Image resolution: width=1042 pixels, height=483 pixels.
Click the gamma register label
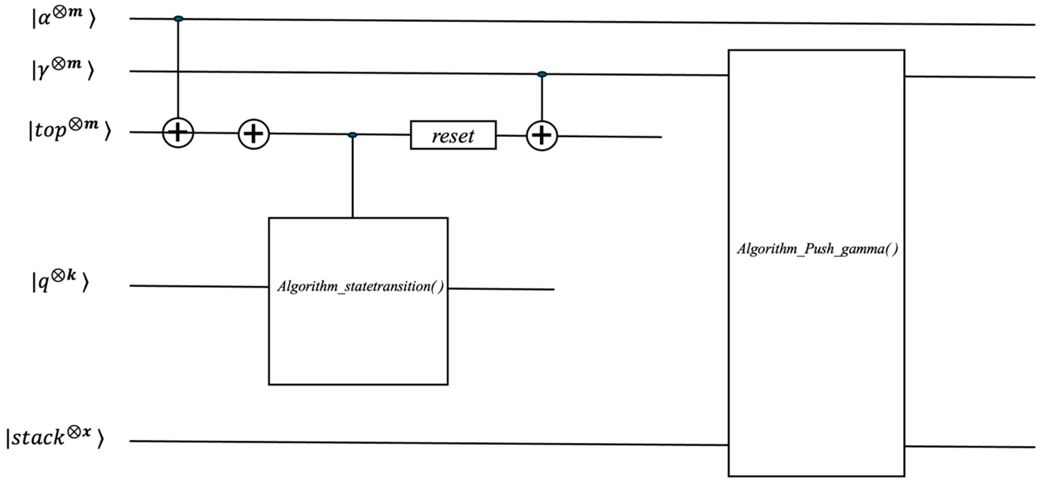63,70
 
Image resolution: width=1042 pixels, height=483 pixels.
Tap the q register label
60,281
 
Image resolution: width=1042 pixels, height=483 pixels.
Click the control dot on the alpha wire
178,19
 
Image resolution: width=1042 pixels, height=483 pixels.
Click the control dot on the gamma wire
542,74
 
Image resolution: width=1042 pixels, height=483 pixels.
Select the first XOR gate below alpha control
178,133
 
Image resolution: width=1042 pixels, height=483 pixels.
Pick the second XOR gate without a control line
254,134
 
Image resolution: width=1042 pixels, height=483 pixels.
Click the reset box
453,135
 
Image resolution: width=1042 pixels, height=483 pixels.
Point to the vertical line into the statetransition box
352,178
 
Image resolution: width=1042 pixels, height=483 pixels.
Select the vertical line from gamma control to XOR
542,97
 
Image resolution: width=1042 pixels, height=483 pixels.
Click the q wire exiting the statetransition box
502,289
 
